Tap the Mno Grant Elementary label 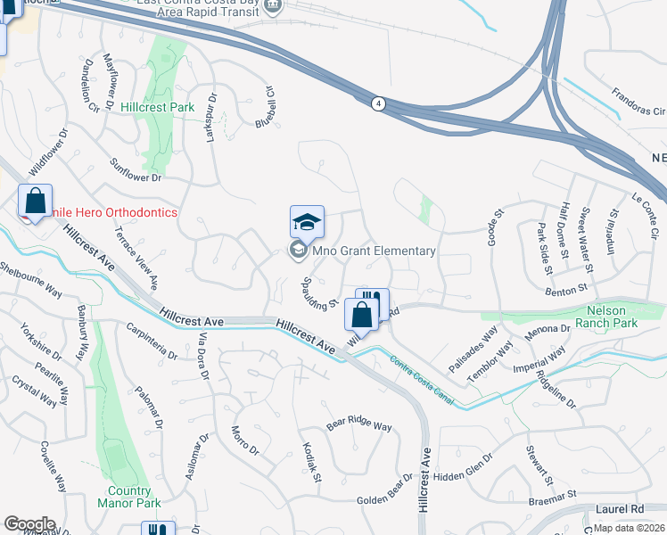click(373, 251)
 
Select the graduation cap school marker click(307, 222)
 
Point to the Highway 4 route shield click(378, 103)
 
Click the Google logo click(29, 524)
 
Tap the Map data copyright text click(629, 528)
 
